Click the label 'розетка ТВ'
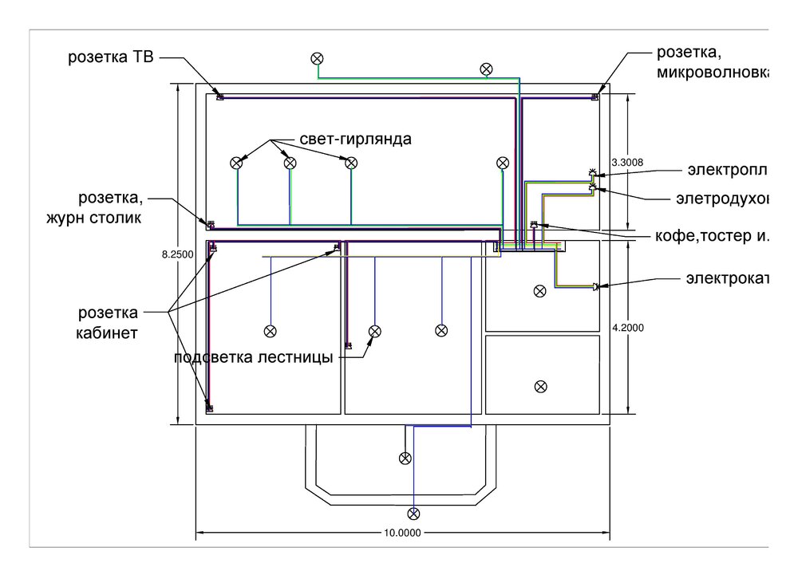tap(111, 57)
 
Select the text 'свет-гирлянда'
tap(356, 140)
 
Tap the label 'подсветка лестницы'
tap(253, 356)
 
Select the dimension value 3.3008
tap(626, 162)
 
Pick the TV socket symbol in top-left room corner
tap(221, 96)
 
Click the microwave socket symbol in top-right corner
tap(595, 96)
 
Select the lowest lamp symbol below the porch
tap(413, 513)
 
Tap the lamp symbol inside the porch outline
tap(405, 458)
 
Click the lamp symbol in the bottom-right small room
tap(541, 386)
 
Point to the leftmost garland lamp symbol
tap(236, 163)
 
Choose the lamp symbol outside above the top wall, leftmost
tap(318, 57)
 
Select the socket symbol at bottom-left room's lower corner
tap(211, 407)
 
